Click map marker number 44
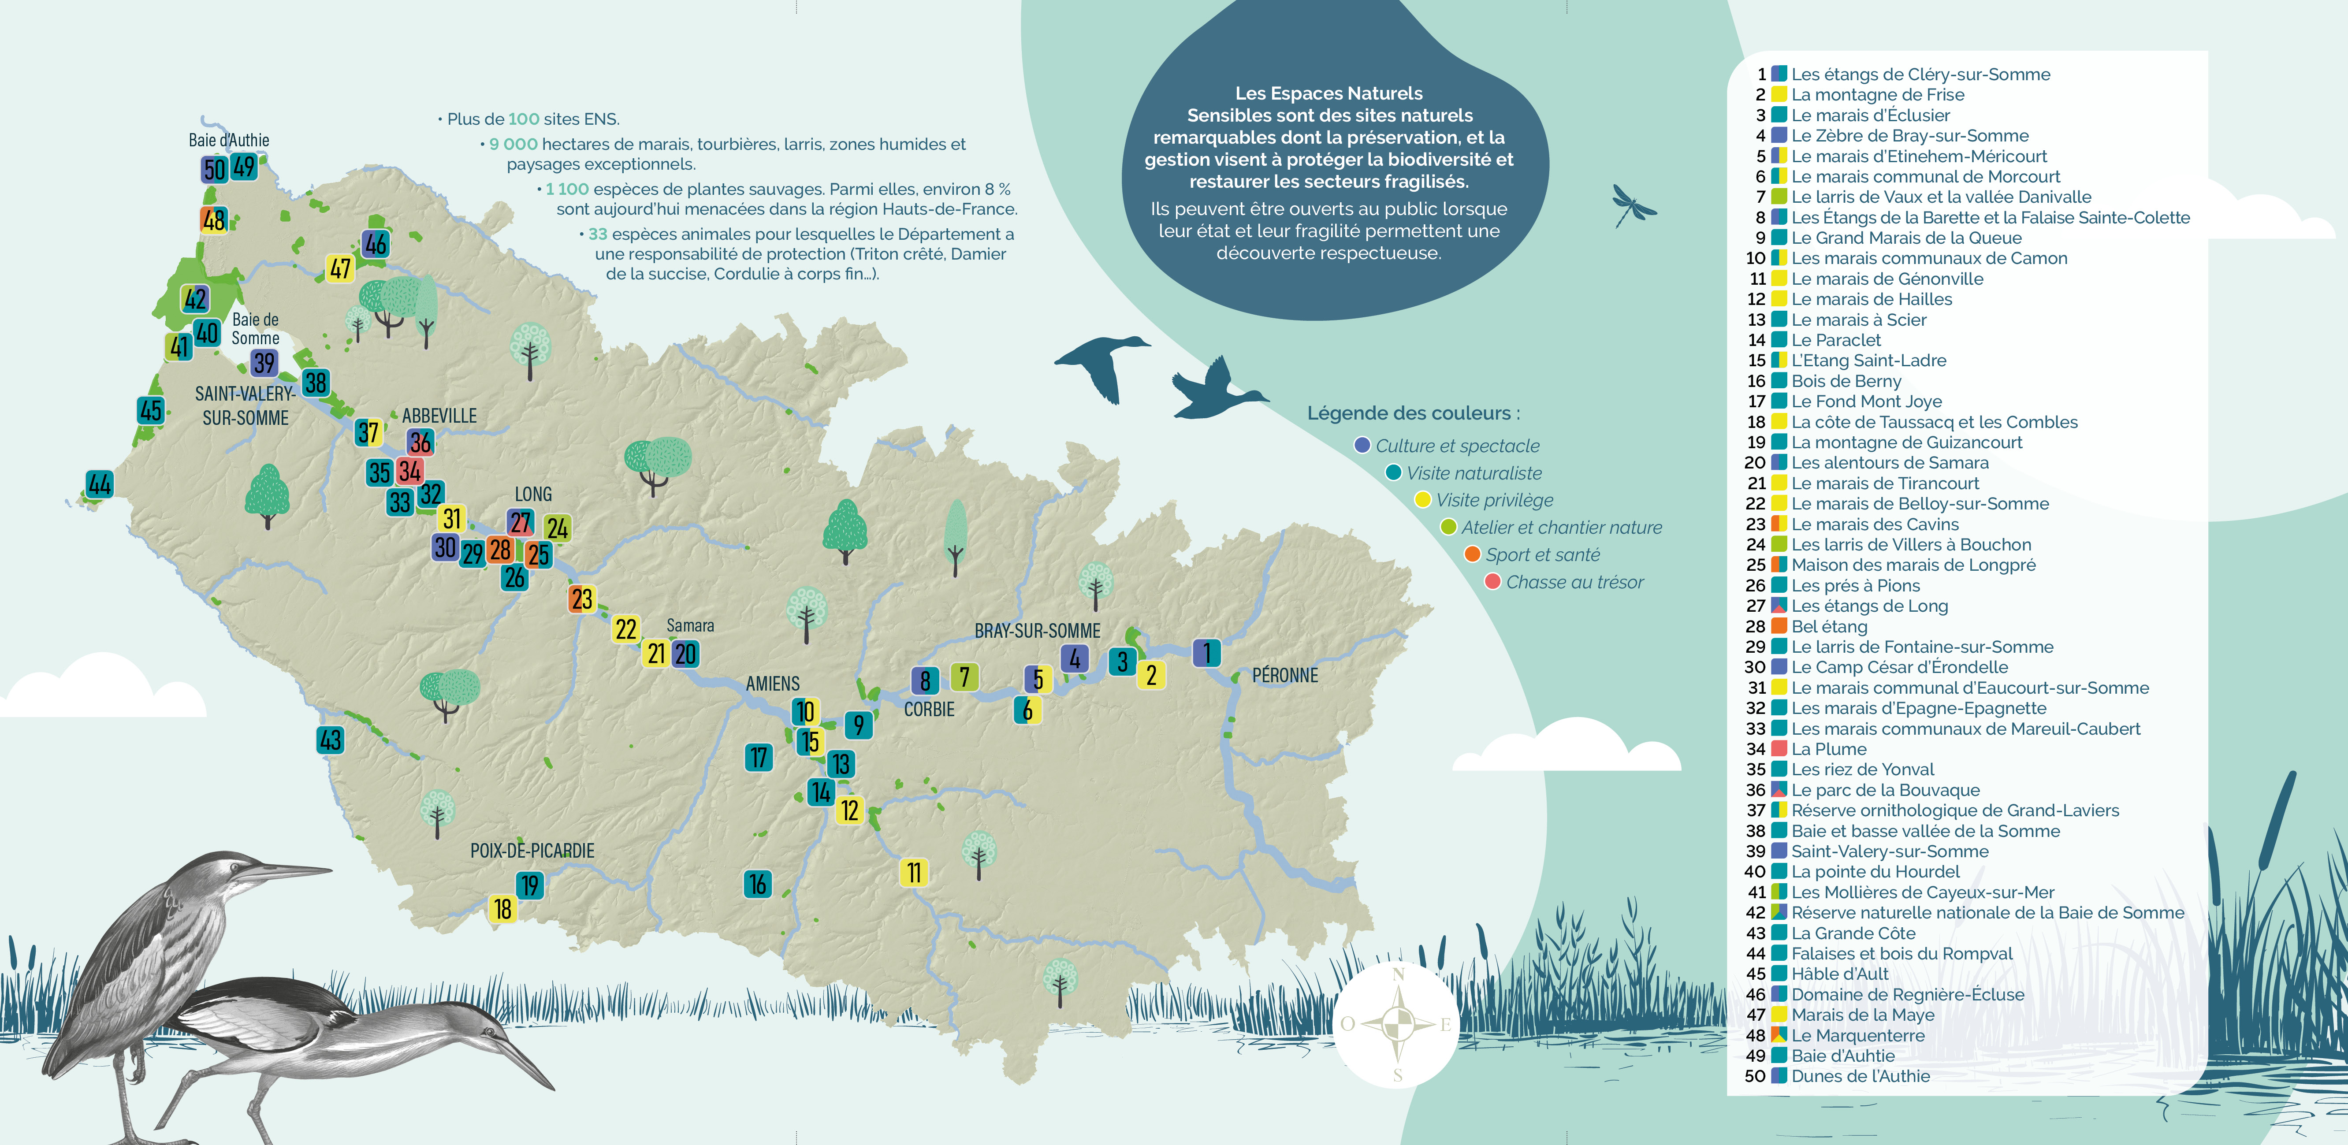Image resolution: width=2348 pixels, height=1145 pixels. point(99,484)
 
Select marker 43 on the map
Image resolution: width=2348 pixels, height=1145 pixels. point(330,740)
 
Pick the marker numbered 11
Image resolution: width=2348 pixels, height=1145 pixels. point(913,873)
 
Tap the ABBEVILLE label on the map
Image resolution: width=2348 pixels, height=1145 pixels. point(439,416)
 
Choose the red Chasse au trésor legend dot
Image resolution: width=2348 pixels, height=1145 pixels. point(1492,582)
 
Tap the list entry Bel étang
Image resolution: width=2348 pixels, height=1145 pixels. point(1828,626)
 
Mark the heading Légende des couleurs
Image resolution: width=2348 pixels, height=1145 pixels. point(1413,413)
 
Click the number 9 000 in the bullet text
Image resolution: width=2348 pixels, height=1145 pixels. point(513,144)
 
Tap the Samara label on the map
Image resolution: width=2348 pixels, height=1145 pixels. point(690,625)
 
